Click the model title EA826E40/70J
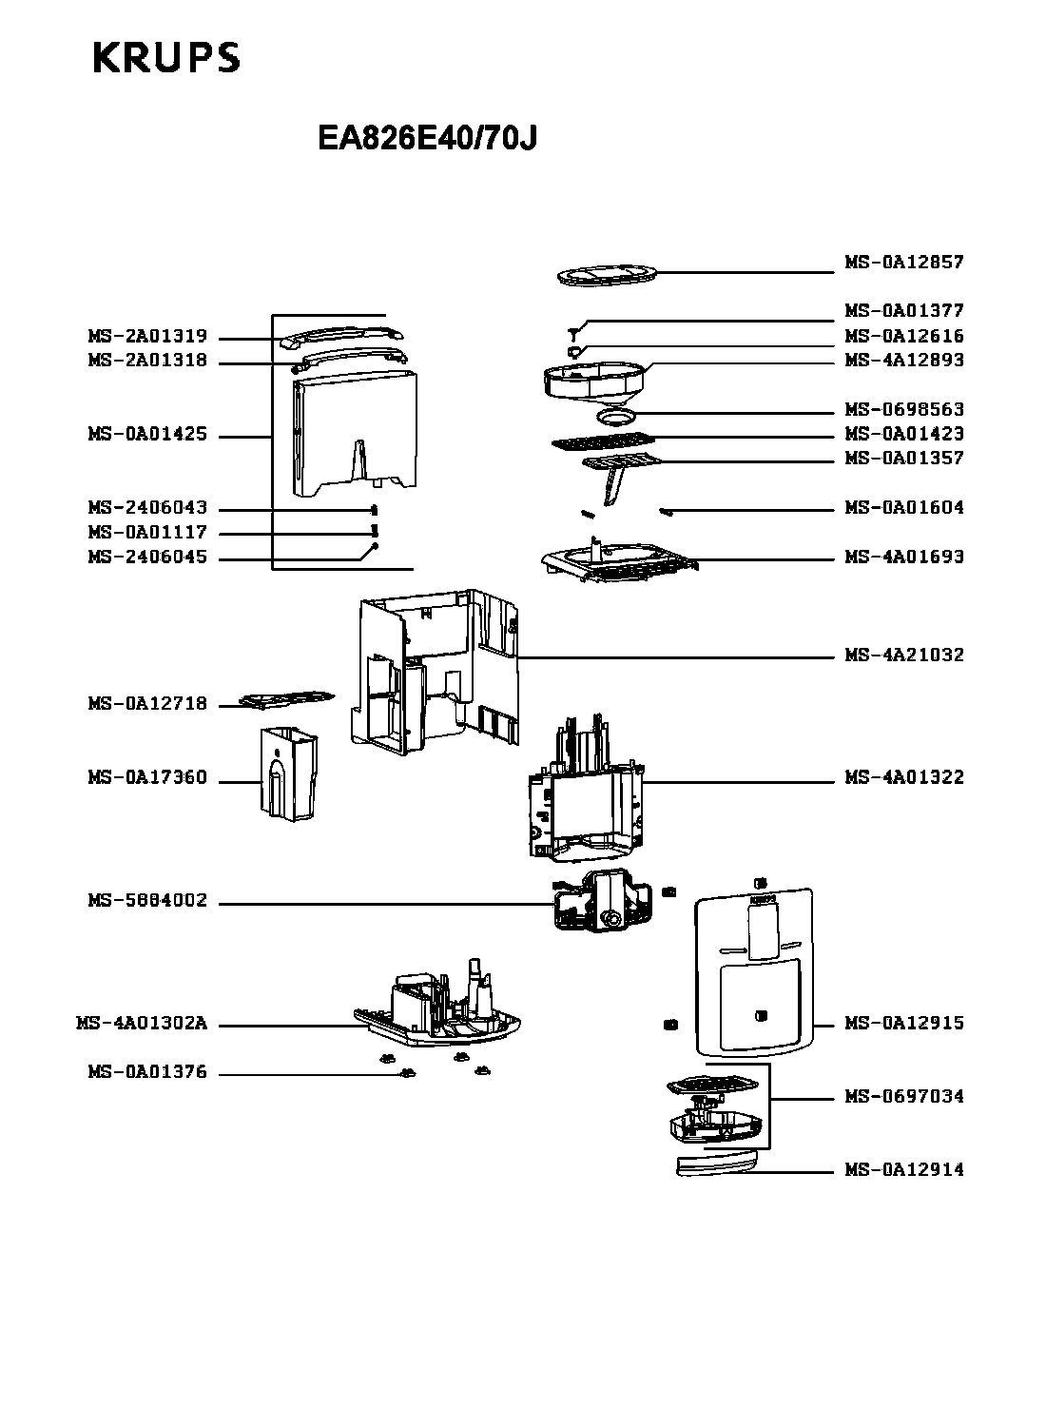[428, 139]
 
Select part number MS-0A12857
[903, 262]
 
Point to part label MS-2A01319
[147, 337]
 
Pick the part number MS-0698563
[903, 410]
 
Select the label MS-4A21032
[903, 656]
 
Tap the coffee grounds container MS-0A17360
[289, 773]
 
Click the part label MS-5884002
[147, 901]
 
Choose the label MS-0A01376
[147, 1073]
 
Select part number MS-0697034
[903, 1097]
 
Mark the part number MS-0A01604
[903, 508]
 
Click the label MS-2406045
[147, 558]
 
